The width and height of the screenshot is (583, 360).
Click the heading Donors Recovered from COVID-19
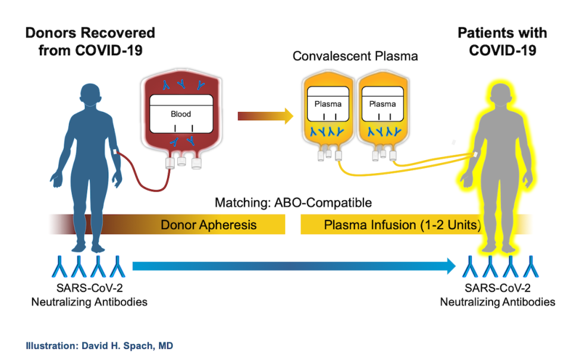coord(90,41)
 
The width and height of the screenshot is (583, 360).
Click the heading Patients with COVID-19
coord(502,41)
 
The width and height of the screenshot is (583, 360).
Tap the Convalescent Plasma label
coord(355,57)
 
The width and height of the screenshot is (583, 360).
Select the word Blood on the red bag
coord(181,114)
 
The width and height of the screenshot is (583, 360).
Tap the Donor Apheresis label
coord(208,225)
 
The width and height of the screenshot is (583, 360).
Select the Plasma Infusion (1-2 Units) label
coord(402,225)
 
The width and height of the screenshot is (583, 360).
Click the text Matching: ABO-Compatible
coord(293,203)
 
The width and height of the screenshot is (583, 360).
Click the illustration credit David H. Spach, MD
coord(99,345)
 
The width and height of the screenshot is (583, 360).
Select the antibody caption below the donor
coord(89,296)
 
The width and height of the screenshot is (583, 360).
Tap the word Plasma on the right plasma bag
coord(382,104)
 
